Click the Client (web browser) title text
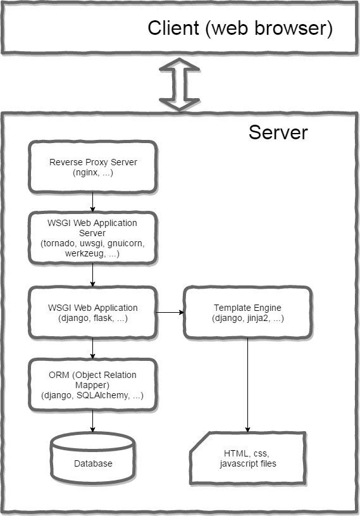[x=240, y=28]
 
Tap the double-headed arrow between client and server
[x=180, y=85]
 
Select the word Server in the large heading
[x=278, y=132]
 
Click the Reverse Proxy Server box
[x=93, y=167]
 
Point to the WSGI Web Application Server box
[x=93, y=238]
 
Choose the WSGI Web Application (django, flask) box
[x=93, y=313]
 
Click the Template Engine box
[x=247, y=313]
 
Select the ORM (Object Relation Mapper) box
[x=93, y=385]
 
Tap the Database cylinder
[x=93, y=458]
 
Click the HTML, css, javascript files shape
[x=248, y=458]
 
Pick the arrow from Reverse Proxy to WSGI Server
[x=93, y=202]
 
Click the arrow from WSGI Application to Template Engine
[x=170, y=312]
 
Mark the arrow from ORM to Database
[x=93, y=421]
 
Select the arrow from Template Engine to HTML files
[x=247, y=386]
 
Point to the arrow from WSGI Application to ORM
[x=93, y=349]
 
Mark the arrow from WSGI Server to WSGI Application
[x=93, y=275]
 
